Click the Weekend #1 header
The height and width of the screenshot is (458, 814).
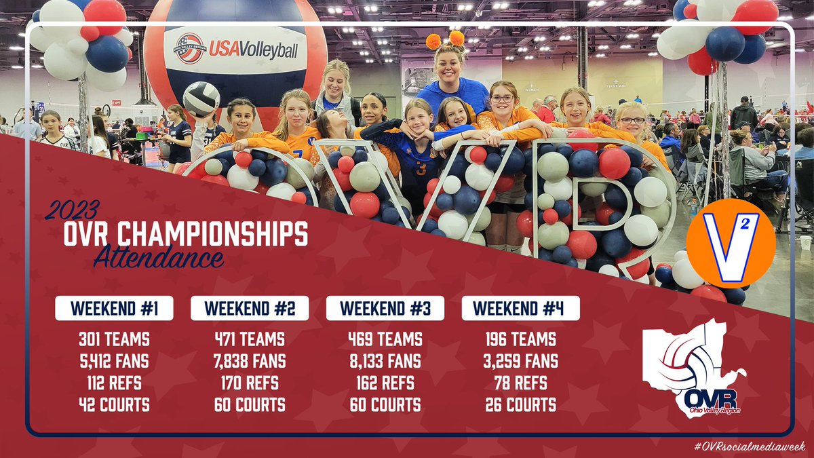[114, 308]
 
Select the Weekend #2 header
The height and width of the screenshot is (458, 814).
[250, 308]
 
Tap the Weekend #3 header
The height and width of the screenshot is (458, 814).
[385, 308]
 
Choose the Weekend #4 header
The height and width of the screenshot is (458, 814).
[521, 308]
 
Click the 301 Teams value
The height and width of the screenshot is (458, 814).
[114, 339]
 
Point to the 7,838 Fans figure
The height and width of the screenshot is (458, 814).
[250, 361]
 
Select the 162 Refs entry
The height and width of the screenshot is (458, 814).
[385, 383]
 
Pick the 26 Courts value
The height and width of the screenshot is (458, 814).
[521, 406]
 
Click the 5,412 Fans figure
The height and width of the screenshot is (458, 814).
[114, 361]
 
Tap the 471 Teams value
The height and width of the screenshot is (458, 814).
[250, 339]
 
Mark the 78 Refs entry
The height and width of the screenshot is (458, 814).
[521, 383]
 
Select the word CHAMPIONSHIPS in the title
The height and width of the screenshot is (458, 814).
[212, 234]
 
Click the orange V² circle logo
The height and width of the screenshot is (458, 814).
[731, 243]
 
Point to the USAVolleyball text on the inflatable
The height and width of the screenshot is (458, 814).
[252, 49]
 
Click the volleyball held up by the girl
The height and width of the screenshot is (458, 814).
[201, 99]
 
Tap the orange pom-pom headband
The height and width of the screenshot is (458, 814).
[445, 39]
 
